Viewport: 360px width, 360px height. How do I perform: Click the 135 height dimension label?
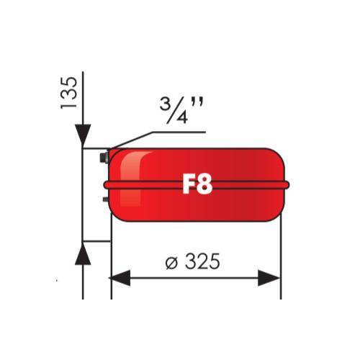69,93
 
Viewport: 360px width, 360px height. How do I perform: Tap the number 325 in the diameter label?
202,261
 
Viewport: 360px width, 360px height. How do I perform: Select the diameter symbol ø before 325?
171,263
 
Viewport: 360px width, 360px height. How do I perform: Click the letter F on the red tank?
189,184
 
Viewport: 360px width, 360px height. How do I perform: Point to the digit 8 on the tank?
205,184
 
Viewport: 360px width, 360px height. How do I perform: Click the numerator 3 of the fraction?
165,104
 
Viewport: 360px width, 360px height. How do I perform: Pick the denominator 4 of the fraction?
181,117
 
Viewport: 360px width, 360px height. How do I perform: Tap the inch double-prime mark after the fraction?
197,102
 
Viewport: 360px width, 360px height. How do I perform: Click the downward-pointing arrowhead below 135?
83,135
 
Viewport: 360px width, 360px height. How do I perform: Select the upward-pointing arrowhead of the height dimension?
83,253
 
